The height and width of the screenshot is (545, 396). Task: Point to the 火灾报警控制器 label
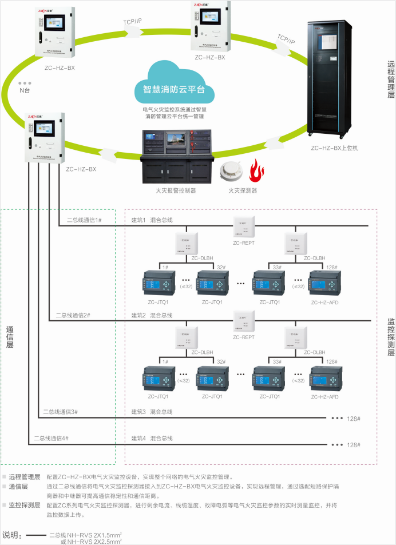pyautogui.click(x=176, y=190)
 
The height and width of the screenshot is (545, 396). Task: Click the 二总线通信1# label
pyautogui.click(x=84, y=220)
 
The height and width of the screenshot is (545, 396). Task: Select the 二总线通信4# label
pyautogui.click(x=52, y=437)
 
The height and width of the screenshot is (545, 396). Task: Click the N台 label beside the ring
pyautogui.click(x=25, y=90)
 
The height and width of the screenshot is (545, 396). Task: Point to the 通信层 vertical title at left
pyautogui.click(x=10, y=337)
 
